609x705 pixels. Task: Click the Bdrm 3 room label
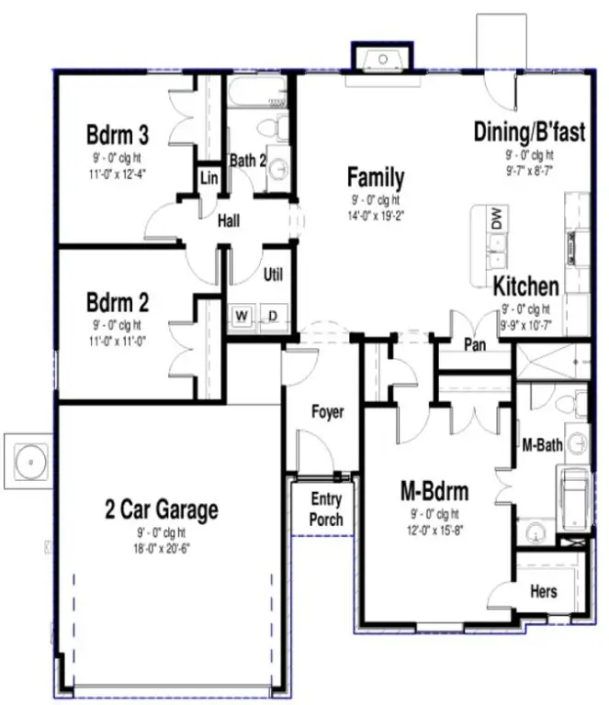click(118, 134)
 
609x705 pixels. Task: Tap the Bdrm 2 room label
click(118, 302)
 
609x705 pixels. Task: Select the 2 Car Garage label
click(161, 509)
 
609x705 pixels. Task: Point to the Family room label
click(375, 176)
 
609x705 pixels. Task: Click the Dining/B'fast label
click(529, 132)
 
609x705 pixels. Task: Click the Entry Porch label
click(326, 509)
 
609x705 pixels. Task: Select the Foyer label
click(327, 412)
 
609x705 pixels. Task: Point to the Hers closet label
click(543, 591)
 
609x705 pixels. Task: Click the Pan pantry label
click(475, 345)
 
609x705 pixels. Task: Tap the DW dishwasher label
click(496, 218)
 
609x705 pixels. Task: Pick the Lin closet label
click(209, 176)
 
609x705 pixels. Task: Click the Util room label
click(273, 274)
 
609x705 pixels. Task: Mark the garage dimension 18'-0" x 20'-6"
click(161, 549)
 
